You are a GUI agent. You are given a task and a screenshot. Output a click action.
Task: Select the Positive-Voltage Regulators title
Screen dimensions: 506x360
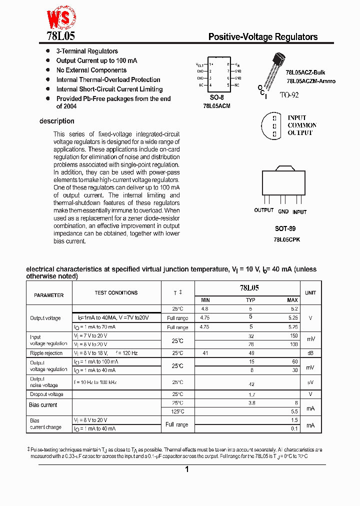tap(262, 37)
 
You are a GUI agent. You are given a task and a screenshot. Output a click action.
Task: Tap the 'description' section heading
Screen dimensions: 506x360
tap(57, 121)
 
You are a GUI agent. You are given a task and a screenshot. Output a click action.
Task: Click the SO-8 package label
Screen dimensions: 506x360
tap(216, 97)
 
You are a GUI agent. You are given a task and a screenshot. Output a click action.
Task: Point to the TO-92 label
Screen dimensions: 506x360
tap(289, 94)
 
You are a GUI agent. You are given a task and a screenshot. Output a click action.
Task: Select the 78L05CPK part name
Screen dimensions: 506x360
tap(286, 239)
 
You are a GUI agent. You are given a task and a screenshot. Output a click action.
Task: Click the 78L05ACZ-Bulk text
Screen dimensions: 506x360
tap(305, 72)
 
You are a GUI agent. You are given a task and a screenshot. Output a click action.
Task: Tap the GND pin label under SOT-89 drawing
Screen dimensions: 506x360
tap(283, 211)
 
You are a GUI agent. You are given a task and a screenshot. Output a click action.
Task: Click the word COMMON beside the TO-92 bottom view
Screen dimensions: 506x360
tap(302, 125)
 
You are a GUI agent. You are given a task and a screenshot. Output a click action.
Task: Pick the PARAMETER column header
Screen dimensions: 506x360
tap(49, 295)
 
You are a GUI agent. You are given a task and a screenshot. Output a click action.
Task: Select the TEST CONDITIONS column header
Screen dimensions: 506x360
tap(116, 293)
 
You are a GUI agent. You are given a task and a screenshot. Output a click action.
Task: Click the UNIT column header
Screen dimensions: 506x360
tap(310, 293)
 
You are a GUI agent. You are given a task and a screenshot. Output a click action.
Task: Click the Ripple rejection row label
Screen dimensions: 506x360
tap(46, 353)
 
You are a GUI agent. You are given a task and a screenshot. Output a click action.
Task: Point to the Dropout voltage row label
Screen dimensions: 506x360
tap(46, 394)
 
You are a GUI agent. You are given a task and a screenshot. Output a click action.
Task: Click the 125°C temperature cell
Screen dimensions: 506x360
tap(177, 411)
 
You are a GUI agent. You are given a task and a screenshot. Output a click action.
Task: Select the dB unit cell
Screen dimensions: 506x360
tap(310, 353)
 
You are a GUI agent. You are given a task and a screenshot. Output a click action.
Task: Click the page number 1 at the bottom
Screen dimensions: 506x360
tap(186, 469)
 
